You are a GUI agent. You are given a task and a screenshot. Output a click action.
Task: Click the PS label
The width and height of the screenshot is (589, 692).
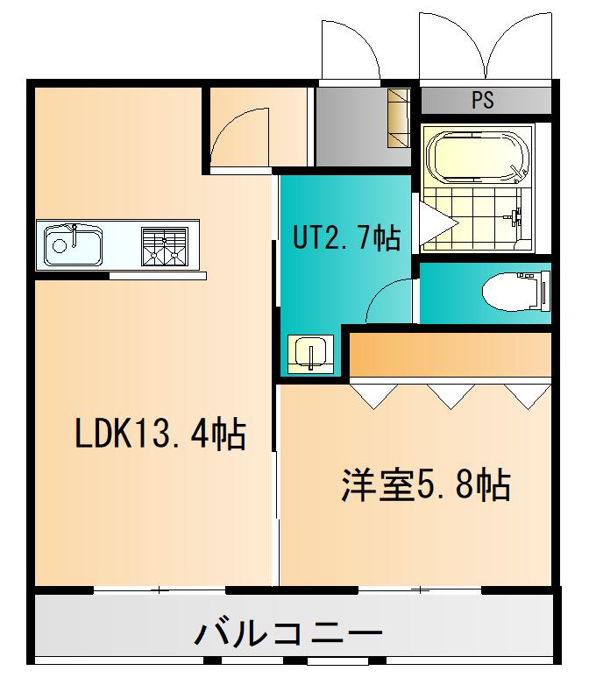483,100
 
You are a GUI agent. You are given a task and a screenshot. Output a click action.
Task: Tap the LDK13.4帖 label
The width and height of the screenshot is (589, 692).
160,434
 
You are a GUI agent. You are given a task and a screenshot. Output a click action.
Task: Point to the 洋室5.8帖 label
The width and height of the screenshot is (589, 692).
426,485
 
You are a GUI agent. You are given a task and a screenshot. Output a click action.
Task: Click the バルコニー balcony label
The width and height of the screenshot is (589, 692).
288,634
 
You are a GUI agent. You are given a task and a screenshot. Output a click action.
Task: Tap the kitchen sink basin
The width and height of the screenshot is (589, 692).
74,245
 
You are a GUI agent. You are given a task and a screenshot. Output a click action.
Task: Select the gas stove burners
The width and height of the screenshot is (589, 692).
165,247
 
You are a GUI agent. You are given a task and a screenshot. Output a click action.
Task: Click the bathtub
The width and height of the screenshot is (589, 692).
478,157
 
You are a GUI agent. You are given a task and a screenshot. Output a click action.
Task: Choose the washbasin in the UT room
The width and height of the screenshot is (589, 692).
310,354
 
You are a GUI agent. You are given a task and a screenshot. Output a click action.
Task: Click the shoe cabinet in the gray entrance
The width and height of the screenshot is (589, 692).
399,118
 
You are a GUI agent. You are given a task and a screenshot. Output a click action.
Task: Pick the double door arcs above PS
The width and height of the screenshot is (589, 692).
486,45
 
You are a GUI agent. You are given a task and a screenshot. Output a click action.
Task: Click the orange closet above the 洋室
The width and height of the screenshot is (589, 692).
451,355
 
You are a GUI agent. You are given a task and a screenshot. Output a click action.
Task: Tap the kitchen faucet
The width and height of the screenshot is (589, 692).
74,235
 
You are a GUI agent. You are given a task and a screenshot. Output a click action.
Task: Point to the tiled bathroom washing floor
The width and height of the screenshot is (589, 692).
478,219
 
